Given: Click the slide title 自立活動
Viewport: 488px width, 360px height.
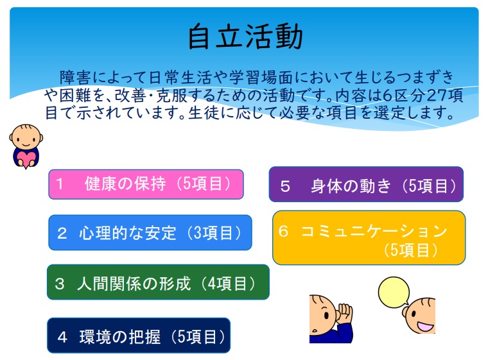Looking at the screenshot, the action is (x=245, y=37).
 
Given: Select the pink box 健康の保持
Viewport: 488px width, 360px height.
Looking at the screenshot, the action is (x=146, y=184).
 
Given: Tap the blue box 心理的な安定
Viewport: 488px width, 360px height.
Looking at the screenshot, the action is (x=150, y=232).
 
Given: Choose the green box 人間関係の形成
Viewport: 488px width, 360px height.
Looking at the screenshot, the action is (x=158, y=282).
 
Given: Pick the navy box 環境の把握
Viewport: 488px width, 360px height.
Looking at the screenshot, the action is (x=139, y=336).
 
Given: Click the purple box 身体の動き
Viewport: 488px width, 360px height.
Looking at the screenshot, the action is (x=366, y=184).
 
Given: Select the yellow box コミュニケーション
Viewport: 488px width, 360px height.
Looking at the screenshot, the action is (x=369, y=237).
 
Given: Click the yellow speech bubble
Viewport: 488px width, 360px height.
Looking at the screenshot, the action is (x=394, y=292).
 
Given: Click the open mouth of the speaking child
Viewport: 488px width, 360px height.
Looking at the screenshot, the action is (x=424, y=327).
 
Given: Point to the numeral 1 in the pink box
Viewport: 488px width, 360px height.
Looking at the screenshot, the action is (x=60, y=184).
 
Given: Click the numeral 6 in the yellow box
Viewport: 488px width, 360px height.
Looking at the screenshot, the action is (x=283, y=231).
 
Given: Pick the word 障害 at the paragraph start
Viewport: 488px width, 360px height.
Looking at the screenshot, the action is (x=75, y=78).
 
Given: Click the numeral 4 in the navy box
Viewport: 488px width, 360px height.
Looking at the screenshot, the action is (x=62, y=337).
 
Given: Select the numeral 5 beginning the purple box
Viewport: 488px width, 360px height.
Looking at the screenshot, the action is (x=285, y=186).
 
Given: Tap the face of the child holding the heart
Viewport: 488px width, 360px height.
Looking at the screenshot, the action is (x=26, y=137).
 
